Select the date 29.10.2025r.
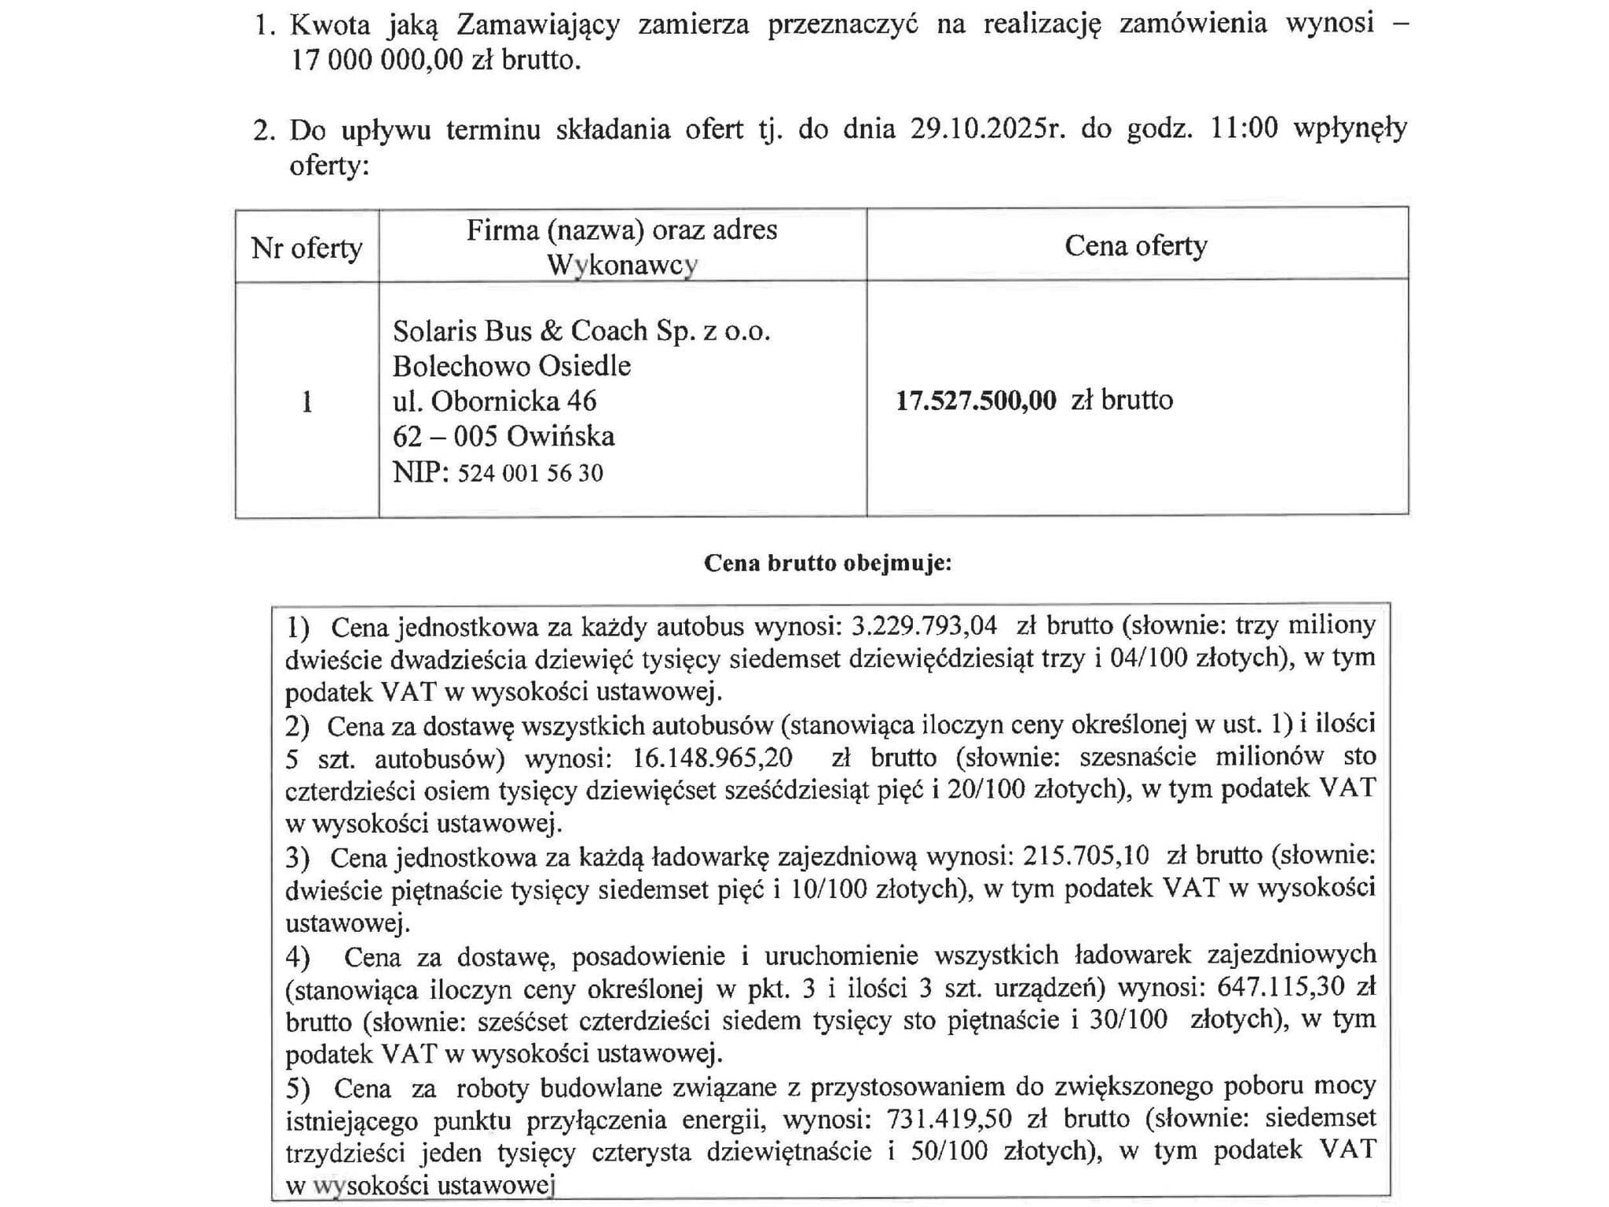pos(988,129)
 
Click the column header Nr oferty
pos(306,248)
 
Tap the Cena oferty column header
pos(1135,246)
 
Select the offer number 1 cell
pos(306,402)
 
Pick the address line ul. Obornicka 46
pos(494,402)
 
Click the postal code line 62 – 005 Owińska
pos(503,436)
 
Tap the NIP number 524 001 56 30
pos(530,473)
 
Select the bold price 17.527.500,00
pos(976,401)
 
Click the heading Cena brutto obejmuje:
pos(827,563)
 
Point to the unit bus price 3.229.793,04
pos(925,626)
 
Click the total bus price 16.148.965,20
pos(713,758)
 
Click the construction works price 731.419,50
pos(949,1118)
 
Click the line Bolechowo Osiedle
pos(511,366)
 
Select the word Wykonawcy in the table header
pos(622,266)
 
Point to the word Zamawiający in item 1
pos(538,24)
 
